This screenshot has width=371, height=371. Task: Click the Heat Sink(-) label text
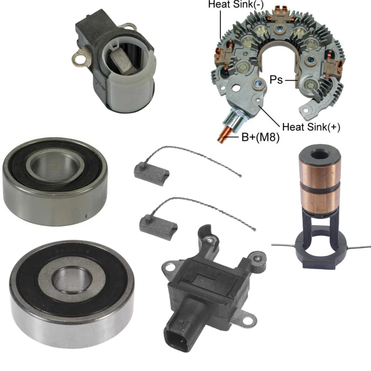point(236,4)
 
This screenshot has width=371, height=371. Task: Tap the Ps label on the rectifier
point(276,80)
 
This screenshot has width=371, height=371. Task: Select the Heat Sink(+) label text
point(311,127)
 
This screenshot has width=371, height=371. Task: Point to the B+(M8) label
point(260,137)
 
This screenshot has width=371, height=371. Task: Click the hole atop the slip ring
point(319,155)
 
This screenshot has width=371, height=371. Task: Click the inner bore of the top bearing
point(55,166)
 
